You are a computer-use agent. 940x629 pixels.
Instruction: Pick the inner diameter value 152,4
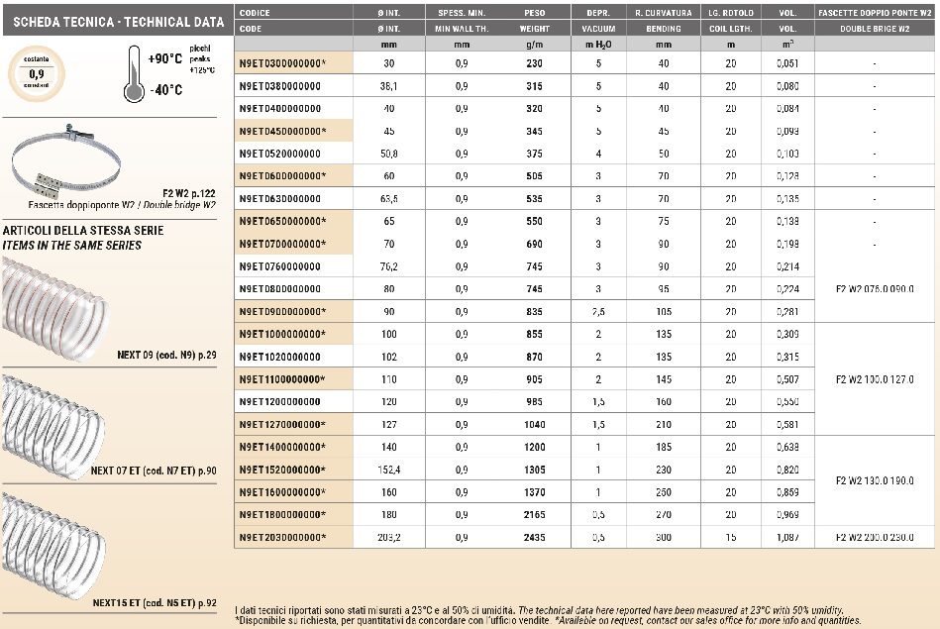tap(388, 470)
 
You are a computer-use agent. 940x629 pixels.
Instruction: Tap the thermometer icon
tap(134, 76)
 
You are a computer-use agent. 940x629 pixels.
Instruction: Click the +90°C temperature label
tap(164, 59)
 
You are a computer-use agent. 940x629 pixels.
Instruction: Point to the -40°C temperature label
tap(165, 90)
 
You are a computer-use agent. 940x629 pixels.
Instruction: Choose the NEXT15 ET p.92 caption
tap(154, 601)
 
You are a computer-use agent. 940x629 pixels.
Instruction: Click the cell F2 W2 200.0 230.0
tap(875, 537)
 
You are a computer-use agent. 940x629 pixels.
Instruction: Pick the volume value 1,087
tap(788, 537)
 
